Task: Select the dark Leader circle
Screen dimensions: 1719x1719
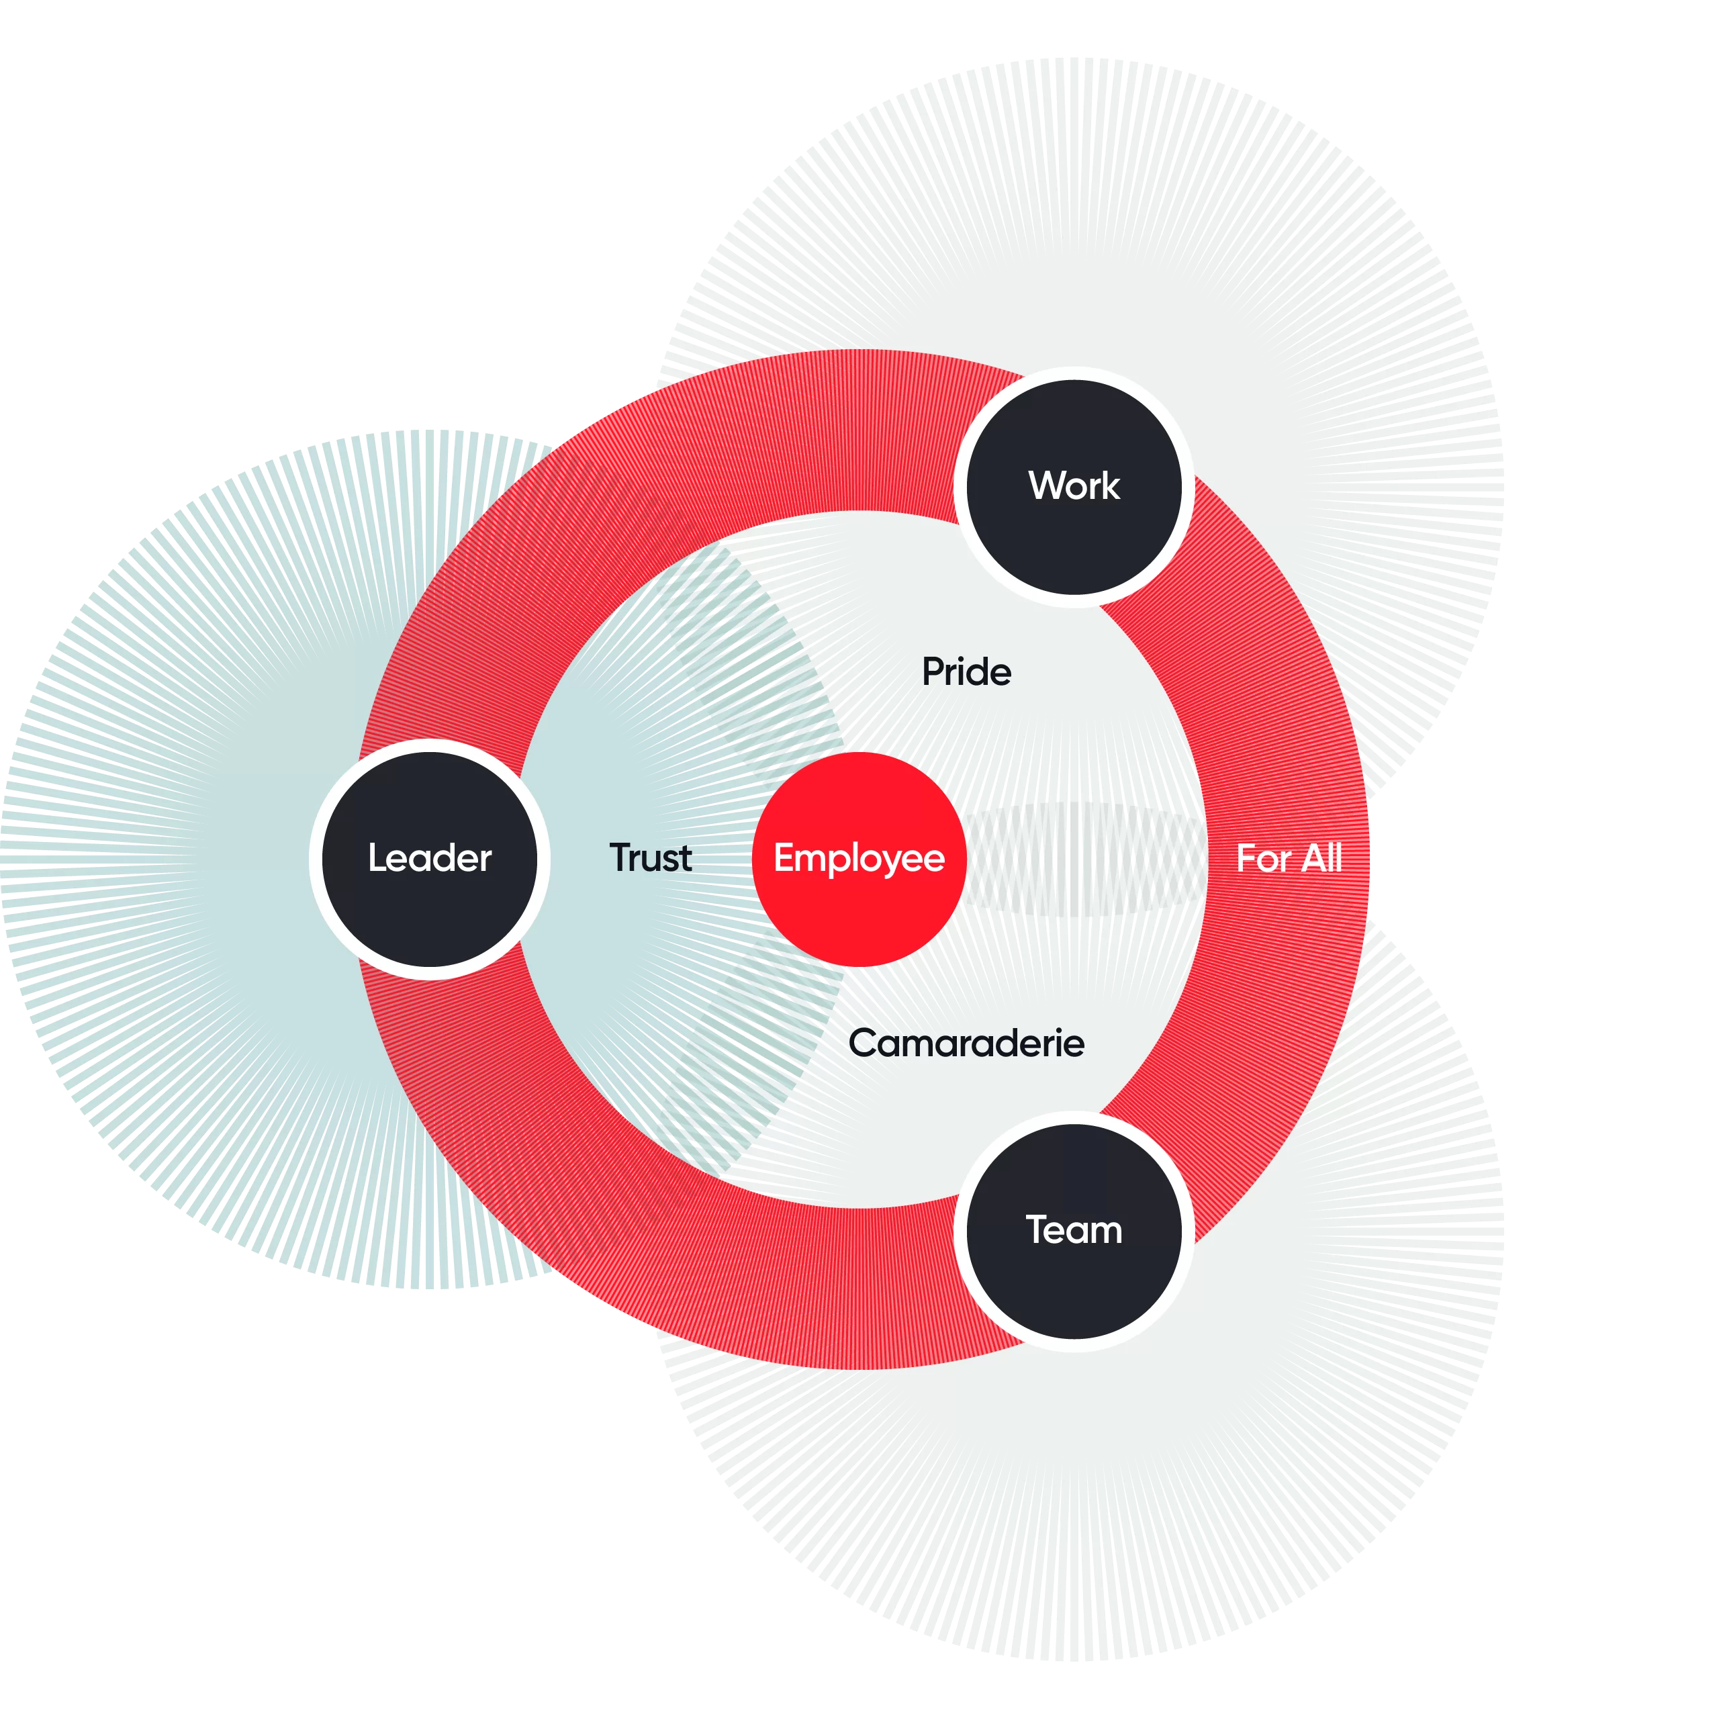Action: click(430, 859)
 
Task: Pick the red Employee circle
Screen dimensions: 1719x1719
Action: click(859, 859)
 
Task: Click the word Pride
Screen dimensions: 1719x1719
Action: click(966, 671)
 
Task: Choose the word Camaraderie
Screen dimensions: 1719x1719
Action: click(966, 1043)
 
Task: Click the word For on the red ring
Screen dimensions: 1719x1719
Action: click(1264, 859)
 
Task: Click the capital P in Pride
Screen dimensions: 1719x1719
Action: click(933, 671)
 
